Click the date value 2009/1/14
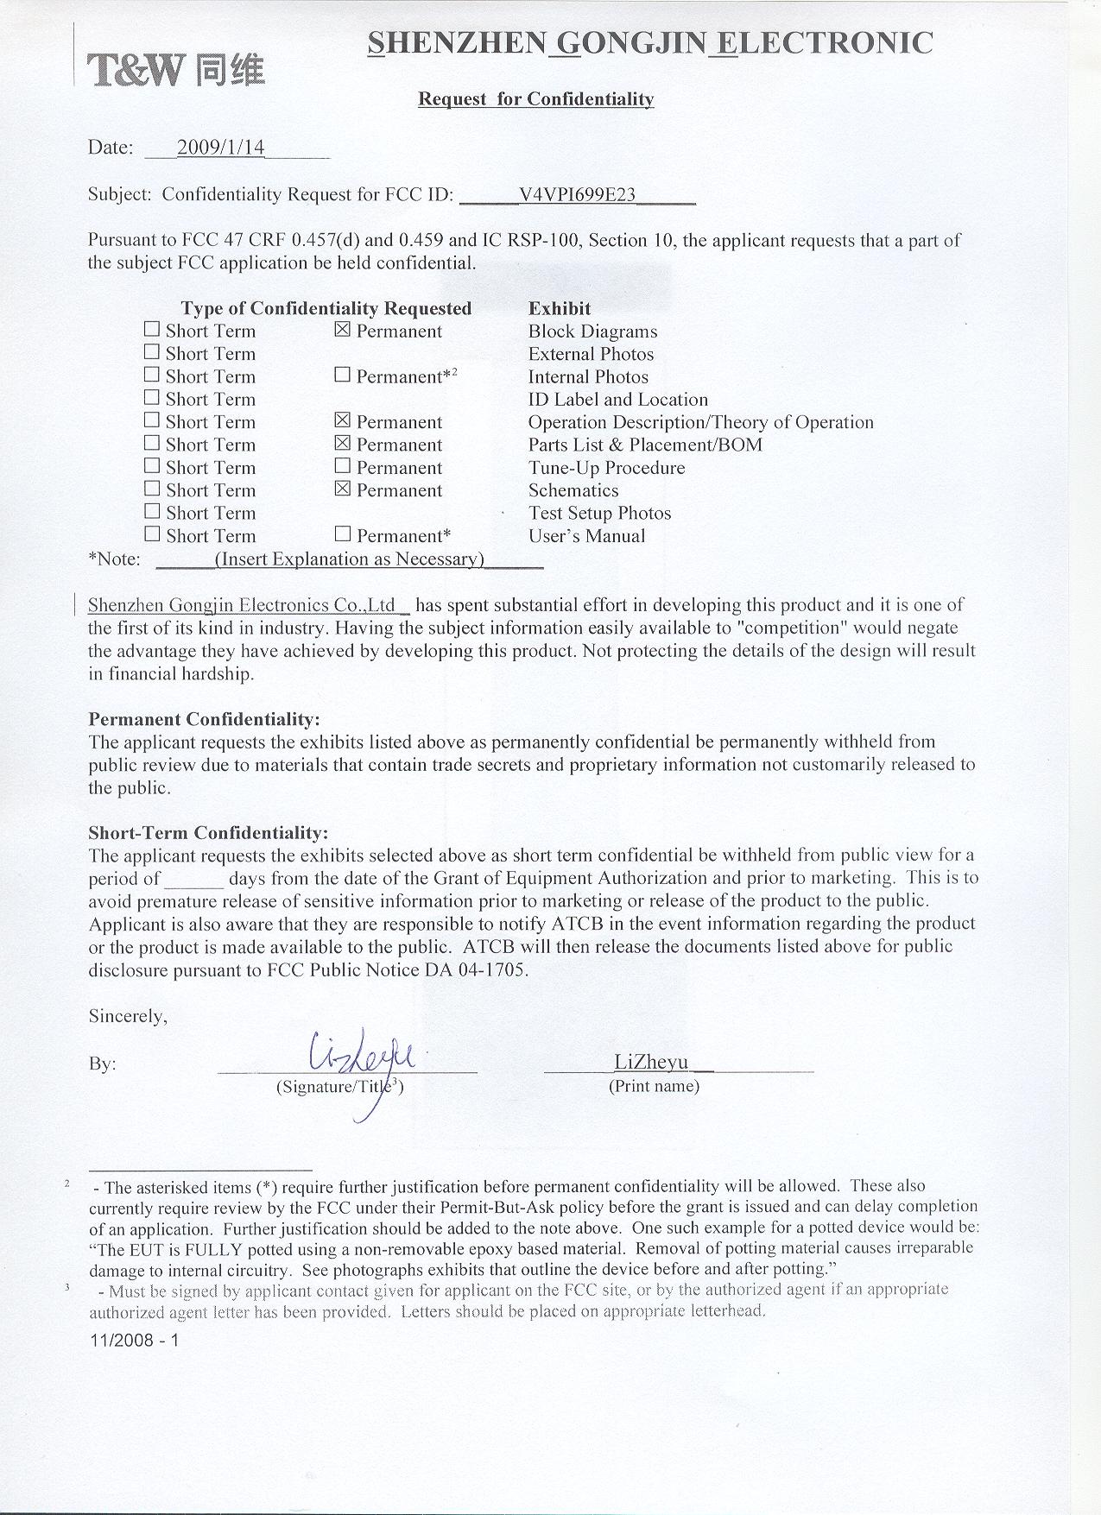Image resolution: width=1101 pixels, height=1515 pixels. click(x=220, y=147)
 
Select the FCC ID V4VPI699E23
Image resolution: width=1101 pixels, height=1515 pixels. click(x=577, y=194)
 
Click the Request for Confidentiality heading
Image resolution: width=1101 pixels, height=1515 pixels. click(x=535, y=99)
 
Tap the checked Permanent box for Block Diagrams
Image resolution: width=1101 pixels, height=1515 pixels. click(x=343, y=330)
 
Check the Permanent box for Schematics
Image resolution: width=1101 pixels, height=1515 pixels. click(x=343, y=489)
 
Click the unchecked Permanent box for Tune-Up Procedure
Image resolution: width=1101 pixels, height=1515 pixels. click(x=343, y=466)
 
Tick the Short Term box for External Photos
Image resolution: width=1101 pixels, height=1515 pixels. click(x=152, y=352)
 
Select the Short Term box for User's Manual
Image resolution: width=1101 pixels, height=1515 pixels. click(x=152, y=534)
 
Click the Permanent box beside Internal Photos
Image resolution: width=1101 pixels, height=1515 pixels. click(x=343, y=375)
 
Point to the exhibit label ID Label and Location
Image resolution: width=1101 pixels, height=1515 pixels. click(x=617, y=400)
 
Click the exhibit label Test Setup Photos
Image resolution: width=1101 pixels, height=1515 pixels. click(x=599, y=513)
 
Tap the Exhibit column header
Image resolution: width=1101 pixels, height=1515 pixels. click(x=560, y=308)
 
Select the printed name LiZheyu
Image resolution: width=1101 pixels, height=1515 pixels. click(x=651, y=1062)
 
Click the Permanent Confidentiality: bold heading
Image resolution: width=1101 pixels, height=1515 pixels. click(x=204, y=719)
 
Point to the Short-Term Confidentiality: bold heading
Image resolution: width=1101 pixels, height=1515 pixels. click(x=208, y=833)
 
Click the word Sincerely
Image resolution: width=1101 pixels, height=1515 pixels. click(x=128, y=1016)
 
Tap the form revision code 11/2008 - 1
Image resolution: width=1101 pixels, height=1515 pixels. click(x=134, y=1341)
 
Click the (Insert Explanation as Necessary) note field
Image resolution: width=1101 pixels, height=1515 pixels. click(x=349, y=559)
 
